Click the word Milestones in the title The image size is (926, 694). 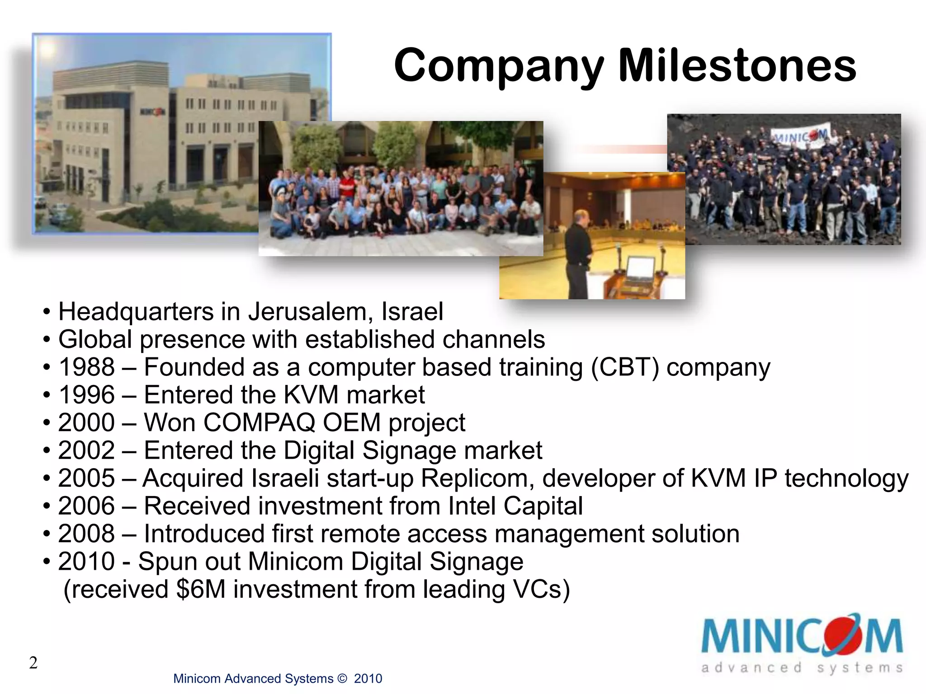coord(737,66)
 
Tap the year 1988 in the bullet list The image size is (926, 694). coord(86,367)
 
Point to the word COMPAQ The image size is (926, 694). coord(259,422)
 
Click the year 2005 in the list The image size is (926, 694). coord(86,478)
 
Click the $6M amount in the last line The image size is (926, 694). coord(201,589)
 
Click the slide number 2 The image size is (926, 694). coord(33,663)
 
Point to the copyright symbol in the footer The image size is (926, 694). coord(342,679)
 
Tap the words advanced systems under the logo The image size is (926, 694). coord(801,668)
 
